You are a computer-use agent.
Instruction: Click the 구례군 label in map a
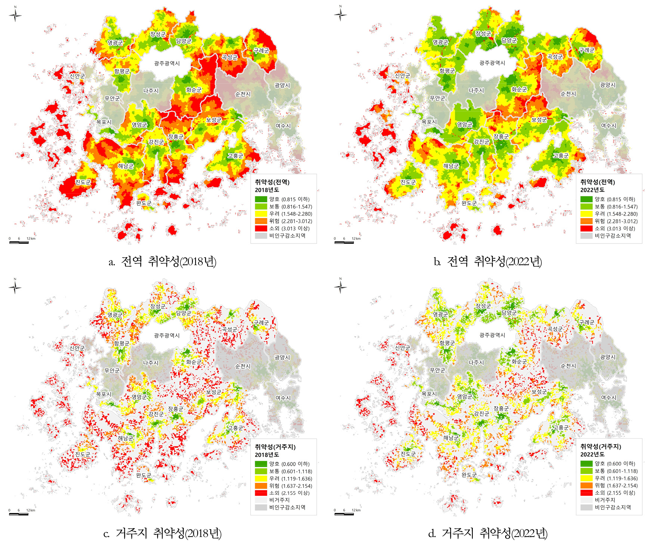coord(261,51)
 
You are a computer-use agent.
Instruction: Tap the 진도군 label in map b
coord(408,182)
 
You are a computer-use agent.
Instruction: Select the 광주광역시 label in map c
coord(167,336)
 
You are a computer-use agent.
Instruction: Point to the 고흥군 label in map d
coord(561,427)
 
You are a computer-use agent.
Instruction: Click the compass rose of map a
coord(15,15)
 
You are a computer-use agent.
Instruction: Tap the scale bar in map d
coord(344,514)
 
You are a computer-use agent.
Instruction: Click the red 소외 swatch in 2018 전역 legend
coord(261,228)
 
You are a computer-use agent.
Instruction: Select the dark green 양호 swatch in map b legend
coord(586,199)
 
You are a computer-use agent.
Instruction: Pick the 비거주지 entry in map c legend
coord(279,500)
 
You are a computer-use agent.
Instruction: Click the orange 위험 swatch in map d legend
coord(586,486)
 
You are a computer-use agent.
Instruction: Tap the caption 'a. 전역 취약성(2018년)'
coord(162,261)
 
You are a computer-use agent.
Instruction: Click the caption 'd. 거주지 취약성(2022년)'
coord(488,534)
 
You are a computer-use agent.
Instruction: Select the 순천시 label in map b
coord(568,94)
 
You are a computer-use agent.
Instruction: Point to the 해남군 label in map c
coord(126,438)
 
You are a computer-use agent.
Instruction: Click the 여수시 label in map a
coord(283,126)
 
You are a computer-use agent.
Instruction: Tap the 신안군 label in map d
coord(402,348)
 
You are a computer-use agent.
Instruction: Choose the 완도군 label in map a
coord(144,203)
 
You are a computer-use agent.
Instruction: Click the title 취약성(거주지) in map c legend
coord(275,447)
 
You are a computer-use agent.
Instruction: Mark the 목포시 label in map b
coord(429,122)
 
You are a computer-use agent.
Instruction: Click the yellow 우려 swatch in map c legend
coord(261,479)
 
